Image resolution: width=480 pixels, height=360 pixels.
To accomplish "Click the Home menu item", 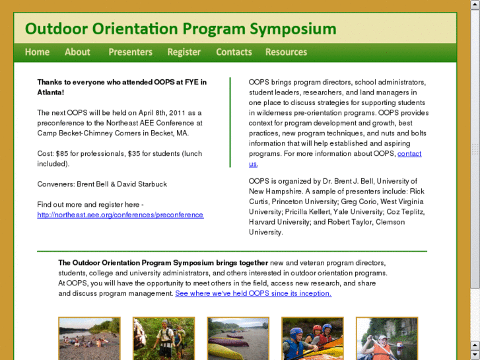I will (37, 52).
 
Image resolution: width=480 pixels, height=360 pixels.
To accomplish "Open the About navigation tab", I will (77, 52).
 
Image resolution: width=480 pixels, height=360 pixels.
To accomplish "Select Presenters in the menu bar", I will (130, 52).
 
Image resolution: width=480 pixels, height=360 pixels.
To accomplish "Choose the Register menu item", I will (184, 52).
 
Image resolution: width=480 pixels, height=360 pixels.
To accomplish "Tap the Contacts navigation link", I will (234, 52).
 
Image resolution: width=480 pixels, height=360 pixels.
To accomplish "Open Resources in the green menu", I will (286, 52).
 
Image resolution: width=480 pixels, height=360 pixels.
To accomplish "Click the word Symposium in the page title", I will (292, 29).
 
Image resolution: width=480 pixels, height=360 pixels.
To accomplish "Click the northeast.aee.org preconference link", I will (120, 215).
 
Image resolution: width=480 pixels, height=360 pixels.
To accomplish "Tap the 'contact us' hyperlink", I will (409, 154).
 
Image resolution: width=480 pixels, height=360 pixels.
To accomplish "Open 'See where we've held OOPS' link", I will (253, 293).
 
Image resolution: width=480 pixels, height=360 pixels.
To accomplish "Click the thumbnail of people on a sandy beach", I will (89, 338).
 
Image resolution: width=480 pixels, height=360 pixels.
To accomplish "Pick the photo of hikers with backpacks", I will (164, 338).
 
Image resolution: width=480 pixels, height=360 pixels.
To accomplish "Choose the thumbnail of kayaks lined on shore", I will (238, 338).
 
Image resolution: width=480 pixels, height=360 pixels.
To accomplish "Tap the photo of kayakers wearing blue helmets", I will (312, 338).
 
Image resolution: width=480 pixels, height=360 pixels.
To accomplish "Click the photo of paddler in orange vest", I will (387, 338).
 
